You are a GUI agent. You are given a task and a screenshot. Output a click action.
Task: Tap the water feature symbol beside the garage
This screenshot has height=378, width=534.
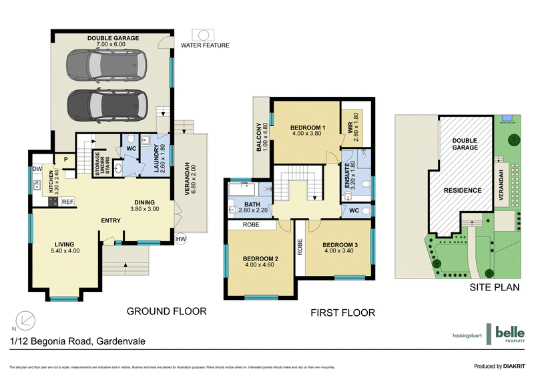pyautogui.click(x=202, y=35)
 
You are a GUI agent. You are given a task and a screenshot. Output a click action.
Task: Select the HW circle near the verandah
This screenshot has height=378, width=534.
pyautogui.click(x=180, y=238)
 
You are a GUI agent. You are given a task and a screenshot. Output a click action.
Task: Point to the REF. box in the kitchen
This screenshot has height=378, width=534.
pyautogui.click(x=67, y=200)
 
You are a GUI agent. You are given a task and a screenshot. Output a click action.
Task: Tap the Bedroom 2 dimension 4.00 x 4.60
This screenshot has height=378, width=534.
pyautogui.click(x=260, y=264)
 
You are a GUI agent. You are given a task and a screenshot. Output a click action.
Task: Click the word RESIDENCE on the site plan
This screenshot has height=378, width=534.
pyautogui.click(x=463, y=190)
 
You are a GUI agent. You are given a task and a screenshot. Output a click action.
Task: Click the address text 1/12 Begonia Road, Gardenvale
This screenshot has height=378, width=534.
pyautogui.click(x=77, y=341)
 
